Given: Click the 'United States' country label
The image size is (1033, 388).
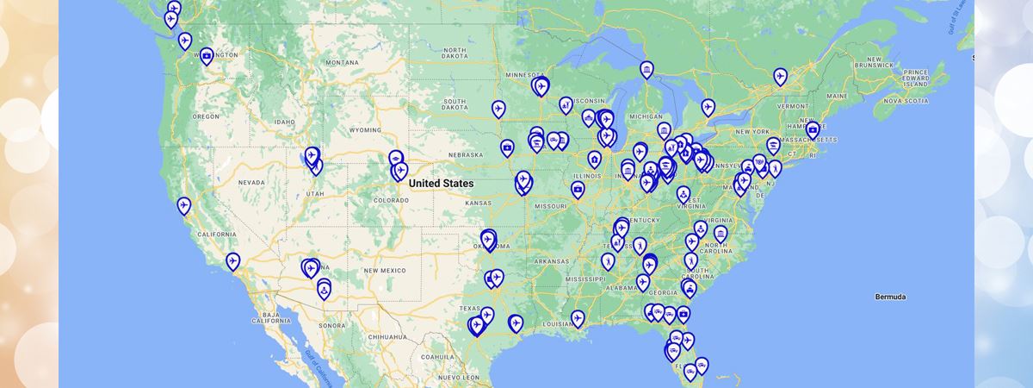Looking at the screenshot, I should [441, 184].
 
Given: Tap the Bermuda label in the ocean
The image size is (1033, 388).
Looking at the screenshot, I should [890, 297].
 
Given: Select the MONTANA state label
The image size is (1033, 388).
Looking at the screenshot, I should [342, 62].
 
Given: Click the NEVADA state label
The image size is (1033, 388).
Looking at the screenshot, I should [251, 183].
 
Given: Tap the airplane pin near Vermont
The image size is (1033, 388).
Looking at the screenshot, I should [780, 76].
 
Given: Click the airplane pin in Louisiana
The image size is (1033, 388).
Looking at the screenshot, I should [578, 318].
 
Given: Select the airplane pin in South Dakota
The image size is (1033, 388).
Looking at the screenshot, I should [498, 109].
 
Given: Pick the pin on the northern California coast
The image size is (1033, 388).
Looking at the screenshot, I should [183, 205].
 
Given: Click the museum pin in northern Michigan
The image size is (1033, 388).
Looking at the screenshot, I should [646, 69].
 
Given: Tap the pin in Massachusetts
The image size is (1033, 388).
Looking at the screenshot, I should [813, 130].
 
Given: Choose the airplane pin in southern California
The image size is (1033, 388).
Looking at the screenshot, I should [232, 260].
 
